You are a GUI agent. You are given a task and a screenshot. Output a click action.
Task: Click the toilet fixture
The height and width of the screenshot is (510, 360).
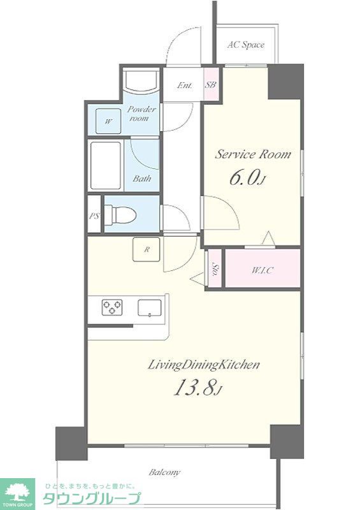coord(120,214)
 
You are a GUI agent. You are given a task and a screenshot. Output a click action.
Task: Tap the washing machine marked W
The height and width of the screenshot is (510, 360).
coord(108,121)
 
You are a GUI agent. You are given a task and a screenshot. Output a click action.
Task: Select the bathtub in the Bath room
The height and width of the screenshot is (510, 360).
coord(106,165)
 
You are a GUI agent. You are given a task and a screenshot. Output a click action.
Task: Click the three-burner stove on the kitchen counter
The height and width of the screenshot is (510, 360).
coord(112,307)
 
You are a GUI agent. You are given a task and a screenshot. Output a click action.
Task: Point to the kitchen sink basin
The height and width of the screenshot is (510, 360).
coord(150,308)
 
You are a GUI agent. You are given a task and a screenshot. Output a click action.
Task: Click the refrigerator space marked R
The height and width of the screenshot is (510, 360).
coord(147,249)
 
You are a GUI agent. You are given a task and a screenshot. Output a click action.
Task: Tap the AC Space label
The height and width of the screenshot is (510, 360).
coord(246,45)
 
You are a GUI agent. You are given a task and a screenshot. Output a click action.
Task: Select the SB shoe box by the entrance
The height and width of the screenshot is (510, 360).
coord(210,85)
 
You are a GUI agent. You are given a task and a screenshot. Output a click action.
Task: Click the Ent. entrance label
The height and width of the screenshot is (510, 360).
coord(185,85)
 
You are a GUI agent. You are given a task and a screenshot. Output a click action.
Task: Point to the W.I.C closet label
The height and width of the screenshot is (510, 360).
coord(263,270)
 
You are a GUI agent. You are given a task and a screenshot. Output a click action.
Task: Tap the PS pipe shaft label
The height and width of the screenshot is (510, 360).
coord(94,216)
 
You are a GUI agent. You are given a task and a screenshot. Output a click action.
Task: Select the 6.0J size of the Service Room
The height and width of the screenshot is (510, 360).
coord(248,178)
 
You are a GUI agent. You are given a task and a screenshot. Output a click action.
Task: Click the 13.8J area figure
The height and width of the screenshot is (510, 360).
coord(198,388)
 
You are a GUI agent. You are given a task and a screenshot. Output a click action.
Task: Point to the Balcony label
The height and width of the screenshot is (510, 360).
coord(164,472)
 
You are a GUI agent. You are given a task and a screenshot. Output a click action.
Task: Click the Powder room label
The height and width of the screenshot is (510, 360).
coord(141,113)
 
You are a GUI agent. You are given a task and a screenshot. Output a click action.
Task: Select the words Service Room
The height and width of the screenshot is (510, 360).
coord(253,154)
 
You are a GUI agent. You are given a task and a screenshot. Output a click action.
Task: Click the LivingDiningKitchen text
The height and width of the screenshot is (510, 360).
coord(204,365)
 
